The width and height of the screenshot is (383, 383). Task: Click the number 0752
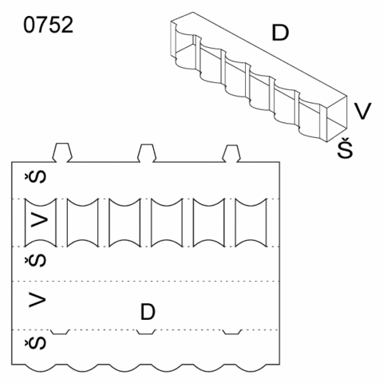48,25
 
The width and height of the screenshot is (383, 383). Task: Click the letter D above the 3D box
280,33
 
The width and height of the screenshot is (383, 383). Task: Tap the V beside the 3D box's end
363,111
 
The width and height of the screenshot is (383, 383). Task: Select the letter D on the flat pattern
148,312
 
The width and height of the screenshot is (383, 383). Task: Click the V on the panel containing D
38,299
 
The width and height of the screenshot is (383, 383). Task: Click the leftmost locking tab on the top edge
62,152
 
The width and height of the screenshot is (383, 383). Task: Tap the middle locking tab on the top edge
147,153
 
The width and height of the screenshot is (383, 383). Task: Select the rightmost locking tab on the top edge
231,153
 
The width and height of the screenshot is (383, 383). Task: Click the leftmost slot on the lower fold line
61,332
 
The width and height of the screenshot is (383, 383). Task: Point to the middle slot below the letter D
146,332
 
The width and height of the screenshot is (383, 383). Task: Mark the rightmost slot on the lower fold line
232,332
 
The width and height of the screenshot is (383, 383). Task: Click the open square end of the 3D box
337,119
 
